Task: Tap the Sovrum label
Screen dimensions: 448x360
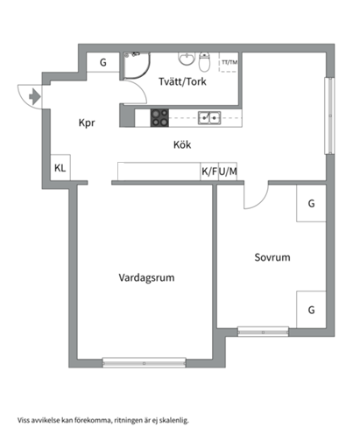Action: click(272, 258)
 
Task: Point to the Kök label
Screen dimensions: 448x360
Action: click(182, 145)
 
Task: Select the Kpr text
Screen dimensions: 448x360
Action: click(85, 123)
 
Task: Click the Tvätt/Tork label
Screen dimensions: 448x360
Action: click(182, 82)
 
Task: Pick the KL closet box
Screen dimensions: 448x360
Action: click(60, 167)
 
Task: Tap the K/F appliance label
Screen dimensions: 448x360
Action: click(209, 172)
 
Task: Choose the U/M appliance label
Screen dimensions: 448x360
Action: click(229, 172)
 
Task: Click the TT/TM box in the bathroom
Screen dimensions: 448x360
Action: click(229, 64)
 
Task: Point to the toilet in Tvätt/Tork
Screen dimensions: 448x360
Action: click(204, 63)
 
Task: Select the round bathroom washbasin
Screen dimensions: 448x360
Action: click(185, 59)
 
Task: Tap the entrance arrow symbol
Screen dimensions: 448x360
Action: click(31, 96)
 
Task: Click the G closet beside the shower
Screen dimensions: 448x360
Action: click(102, 63)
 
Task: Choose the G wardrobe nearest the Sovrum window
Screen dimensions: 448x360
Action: click(310, 309)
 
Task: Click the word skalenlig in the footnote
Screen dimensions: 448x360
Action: click(172, 420)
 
